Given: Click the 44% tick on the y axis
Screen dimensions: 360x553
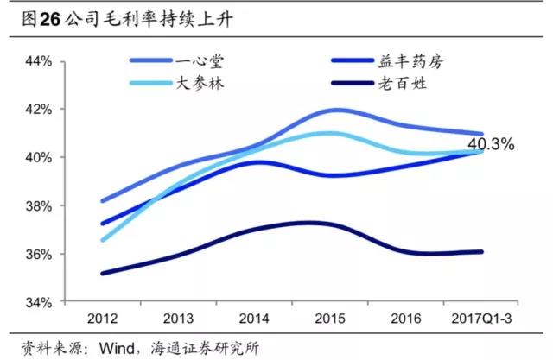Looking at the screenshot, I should pyautogui.click(x=41, y=62).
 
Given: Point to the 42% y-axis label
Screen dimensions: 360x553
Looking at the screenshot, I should pyautogui.click(x=41, y=110).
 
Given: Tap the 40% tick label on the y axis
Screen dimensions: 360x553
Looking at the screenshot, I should pyautogui.click(x=41, y=158).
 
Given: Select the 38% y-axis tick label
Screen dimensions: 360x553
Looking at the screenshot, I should pyautogui.click(x=41, y=206).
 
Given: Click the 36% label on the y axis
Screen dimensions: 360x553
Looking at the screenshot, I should pyautogui.click(x=41, y=255).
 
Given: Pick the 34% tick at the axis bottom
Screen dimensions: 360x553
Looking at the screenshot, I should pyautogui.click(x=41, y=303).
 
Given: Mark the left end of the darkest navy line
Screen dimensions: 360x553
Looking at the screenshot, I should pyautogui.click(x=102, y=274).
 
